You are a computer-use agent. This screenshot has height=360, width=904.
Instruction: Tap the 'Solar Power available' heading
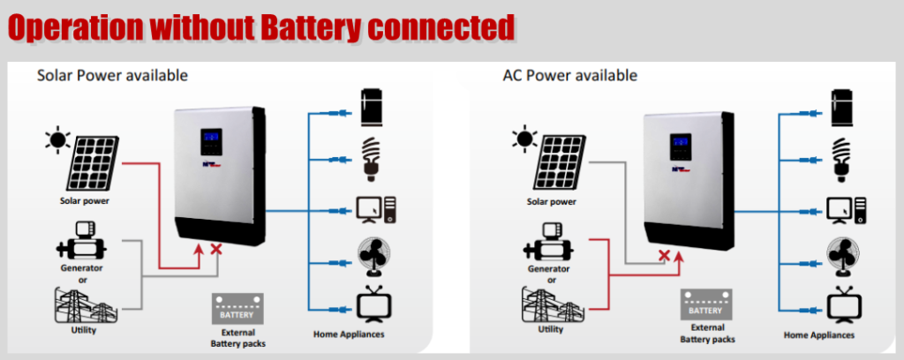pyautogui.click(x=112, y=75)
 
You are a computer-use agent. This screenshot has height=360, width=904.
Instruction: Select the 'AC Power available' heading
pyautogui.click(x=569, y=75)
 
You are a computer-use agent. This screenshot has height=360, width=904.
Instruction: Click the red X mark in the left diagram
pyautogui.click(x=215, y=251)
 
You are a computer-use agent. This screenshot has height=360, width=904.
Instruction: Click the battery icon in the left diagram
pyautogui.click(x=237, y=310)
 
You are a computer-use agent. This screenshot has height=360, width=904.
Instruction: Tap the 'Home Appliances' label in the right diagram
pyautogui.click(x=819, y=335)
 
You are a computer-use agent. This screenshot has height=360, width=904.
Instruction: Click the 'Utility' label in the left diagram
pyautogui.click(x=83, y=330)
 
